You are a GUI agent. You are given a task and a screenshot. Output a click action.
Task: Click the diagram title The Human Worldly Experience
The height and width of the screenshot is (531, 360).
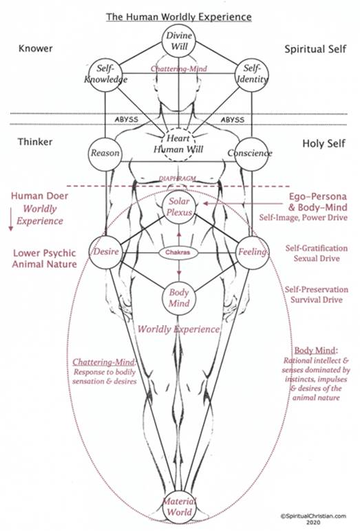179,17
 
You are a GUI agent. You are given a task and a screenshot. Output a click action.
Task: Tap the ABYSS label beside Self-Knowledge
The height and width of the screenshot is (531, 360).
126,120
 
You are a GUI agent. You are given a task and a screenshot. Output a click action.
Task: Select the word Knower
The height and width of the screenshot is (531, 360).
36,48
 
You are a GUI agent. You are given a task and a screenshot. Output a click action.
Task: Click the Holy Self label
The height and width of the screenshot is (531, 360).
324,143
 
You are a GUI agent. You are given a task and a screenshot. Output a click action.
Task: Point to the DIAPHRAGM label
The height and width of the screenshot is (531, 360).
178,178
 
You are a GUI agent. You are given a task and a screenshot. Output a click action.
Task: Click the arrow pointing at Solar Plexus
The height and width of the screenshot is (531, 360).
242,204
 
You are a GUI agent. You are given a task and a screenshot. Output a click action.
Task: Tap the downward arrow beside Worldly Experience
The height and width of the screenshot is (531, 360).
11,220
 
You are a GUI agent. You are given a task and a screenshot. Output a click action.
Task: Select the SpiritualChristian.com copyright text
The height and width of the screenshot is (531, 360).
313,519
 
